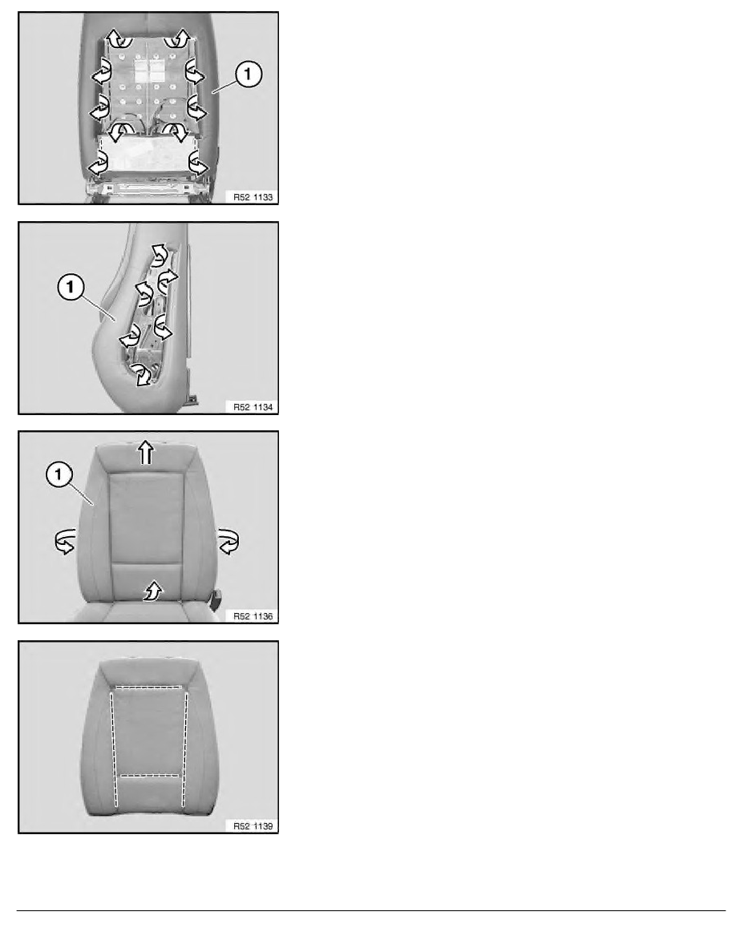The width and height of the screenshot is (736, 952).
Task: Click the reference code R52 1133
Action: (x=253, y=197)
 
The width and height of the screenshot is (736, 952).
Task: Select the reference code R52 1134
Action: (x=253, y=407)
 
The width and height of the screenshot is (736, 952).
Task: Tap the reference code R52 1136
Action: (x=253, y=616)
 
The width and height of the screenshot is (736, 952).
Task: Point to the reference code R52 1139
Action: (x=253, y=825)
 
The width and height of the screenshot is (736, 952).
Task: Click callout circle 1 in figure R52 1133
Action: (x=248, y=74)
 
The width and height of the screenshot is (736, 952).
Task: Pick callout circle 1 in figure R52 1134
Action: (x=71, y=287)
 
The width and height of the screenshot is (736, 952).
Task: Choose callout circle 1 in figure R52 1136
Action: (x=59, y=474)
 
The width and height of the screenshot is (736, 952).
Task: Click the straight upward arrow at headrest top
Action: (x=146, y=452)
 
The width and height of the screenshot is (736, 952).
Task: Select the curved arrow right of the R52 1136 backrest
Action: (x=228, y=541)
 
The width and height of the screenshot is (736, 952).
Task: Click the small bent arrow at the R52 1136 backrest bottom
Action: (x=153, y=591)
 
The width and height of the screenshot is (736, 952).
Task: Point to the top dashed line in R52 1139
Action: (x=149, y=688)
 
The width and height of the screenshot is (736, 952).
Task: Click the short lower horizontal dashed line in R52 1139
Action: (x=149, y=776)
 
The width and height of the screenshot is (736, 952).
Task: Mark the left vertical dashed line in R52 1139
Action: (x=114, y=750)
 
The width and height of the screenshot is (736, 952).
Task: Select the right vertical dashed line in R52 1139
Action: (x=185, y=750)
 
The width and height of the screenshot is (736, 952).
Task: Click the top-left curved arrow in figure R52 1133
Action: (x=118, y=38)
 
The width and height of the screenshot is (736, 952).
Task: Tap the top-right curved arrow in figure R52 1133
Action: (x=180, y=38)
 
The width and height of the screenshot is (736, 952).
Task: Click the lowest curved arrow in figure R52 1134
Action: (x=142, y=374)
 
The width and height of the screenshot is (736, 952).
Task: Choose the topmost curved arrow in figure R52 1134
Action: (x=159, y=255)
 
